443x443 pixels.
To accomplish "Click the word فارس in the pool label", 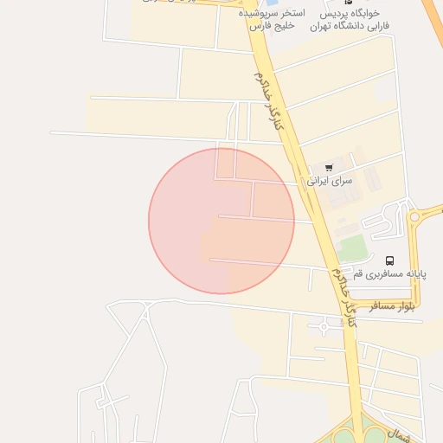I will pos(261,26).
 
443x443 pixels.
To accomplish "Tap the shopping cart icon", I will pos(329,167).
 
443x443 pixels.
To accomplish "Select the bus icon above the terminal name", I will pos(389,260).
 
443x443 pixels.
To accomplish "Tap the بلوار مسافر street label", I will pos(392,305).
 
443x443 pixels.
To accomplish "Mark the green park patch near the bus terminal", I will pos(352,248).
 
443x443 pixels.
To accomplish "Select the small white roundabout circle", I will pos(323,327).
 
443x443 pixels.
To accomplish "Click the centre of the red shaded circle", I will pos(221,221).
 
